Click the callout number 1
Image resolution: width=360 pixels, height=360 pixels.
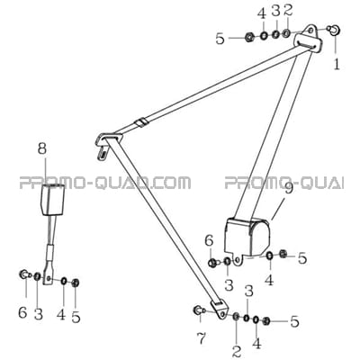coord(337,64)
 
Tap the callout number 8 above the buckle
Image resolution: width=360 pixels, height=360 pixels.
coord(42,148)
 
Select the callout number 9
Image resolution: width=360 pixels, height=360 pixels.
coord(288,190)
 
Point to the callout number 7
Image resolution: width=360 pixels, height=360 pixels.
coord(202,339)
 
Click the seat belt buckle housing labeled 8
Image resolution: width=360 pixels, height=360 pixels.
coord(53,200)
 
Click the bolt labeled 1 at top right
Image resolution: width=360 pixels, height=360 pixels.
coord(334,30)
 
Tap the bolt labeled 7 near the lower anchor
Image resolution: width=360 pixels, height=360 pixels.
coord(200,310)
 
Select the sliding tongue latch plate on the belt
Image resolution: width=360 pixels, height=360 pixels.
coord(106,143)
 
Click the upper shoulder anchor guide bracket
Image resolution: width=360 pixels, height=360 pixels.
coord(309,37)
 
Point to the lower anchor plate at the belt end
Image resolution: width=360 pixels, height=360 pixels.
coord(220,308)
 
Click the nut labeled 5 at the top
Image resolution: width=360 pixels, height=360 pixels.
coord(249,37)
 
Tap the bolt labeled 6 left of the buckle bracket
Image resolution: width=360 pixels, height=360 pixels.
coord(24,274)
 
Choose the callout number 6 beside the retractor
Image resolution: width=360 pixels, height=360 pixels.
coord(209,242)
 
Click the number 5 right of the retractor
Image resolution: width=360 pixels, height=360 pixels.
coord(301,258)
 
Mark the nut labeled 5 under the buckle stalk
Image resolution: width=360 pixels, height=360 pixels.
coord(76,283)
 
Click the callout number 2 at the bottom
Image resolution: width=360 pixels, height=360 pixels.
coord(237,350)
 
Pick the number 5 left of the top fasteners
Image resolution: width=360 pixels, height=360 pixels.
coord(220,39)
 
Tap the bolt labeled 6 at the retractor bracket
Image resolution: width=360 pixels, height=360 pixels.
coord(212,263)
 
